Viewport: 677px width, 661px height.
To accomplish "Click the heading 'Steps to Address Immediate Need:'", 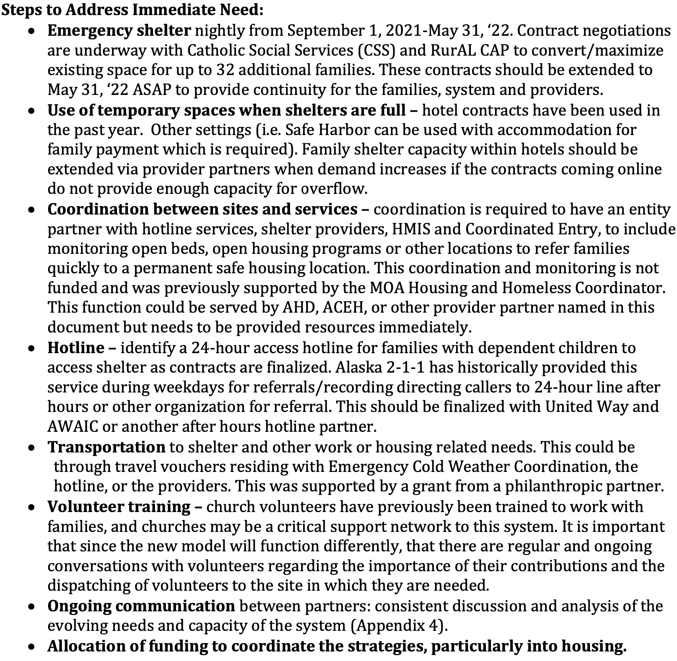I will coord(132,10).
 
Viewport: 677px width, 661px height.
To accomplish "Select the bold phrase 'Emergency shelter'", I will coord(119,31).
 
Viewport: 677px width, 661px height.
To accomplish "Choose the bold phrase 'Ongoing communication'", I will coord(141,606).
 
